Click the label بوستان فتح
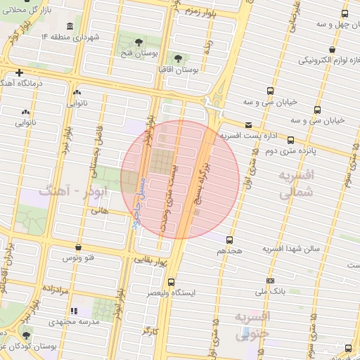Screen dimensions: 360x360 click(x=139, y=53)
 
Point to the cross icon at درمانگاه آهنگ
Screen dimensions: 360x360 click(x=20, y=72)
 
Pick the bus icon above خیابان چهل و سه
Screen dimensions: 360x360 click(x=344, y=13)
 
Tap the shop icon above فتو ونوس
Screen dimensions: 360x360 click(x=77, y=247)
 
